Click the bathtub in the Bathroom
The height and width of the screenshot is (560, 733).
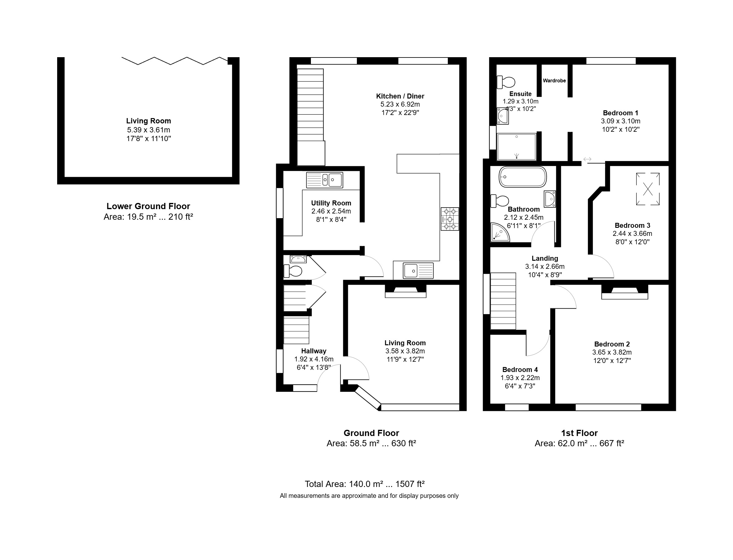pos(522,177)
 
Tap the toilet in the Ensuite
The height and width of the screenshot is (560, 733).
pos(506,82)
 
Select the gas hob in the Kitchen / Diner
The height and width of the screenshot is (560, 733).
pos(450,219)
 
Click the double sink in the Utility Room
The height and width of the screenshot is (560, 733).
pos(325,180)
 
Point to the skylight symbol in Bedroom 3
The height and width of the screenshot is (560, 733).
pos(648,189)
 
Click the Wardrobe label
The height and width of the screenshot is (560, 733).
pos(554,81)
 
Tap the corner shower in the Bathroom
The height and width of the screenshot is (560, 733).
pos(500,232)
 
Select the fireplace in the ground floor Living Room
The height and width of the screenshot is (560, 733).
pos(406,291)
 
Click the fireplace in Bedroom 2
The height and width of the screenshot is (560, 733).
pos(625,292)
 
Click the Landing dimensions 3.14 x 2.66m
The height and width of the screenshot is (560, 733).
pos(545,267)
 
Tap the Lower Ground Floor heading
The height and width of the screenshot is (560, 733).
pos(148,206)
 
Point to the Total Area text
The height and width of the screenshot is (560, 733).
pos(365,484)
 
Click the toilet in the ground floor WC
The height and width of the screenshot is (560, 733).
pos(293,271)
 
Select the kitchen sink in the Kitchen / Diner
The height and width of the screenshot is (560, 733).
pos(418,271)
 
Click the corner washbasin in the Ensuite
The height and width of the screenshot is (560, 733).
pos(503,116)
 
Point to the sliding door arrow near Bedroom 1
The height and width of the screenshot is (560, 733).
pos(587,159)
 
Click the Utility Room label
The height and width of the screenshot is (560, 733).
pos(331,203)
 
